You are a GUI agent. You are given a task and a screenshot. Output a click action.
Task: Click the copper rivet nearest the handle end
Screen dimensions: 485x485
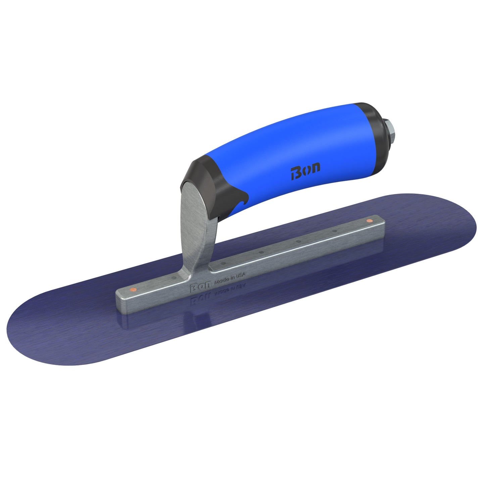(370, 221)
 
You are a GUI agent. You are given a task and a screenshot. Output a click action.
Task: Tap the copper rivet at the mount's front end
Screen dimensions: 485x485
(133, 289)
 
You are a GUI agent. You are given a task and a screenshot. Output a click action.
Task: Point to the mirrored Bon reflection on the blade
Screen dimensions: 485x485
(200, 299)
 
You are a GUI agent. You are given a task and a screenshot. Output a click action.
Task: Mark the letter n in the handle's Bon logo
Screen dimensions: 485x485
(315, 168)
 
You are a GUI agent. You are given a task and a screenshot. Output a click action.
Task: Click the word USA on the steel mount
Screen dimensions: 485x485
(241, 275)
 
